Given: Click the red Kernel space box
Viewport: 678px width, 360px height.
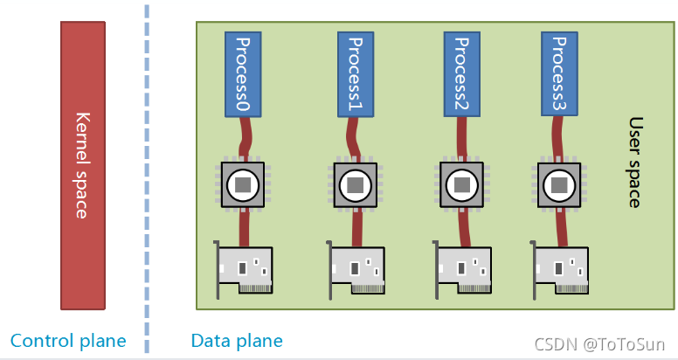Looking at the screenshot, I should pos(84,164).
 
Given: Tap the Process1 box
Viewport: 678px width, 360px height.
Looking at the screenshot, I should pos(355,74).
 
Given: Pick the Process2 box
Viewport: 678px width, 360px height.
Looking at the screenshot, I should pos(460,74).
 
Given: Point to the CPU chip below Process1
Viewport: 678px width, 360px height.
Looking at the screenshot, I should pos(355,184).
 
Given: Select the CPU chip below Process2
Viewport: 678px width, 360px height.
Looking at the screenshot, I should pos(460,184).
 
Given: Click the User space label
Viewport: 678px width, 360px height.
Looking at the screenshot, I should pos(635,163).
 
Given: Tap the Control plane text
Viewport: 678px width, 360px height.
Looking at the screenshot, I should pos(68,341).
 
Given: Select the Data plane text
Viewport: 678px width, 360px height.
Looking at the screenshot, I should pos(237,341).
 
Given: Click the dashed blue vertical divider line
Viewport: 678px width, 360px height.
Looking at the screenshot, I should pos(146,175).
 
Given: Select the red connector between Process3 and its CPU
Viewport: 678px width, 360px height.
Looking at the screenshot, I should pos(560,138).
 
